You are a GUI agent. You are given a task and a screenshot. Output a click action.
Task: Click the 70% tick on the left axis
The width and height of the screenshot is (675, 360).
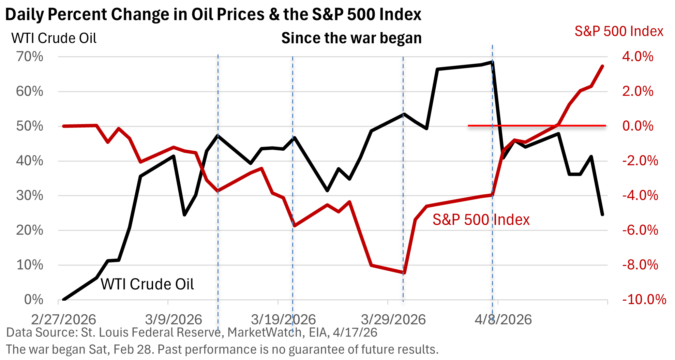[x=30, y=57]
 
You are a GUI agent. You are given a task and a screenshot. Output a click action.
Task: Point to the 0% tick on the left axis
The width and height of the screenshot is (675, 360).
[x=34, y=300]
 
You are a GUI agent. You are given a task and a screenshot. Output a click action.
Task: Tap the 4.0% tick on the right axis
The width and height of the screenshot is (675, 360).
[x=637, y=57]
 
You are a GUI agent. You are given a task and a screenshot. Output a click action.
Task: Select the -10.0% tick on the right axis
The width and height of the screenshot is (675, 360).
[x=644, y=300]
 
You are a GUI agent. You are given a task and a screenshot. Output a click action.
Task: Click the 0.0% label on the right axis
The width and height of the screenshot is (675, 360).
[x=637, y=126]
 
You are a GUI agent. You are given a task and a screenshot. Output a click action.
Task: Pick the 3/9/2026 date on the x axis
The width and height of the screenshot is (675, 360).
[x=174, y=320]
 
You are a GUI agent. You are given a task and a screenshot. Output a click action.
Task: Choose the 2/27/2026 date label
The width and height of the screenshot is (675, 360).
[x=63, y=320]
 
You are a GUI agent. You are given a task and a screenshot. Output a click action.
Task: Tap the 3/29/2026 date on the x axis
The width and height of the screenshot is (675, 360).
[x=393, y=320]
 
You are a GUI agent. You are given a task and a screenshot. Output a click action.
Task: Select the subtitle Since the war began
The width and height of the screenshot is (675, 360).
[x=351, y=38]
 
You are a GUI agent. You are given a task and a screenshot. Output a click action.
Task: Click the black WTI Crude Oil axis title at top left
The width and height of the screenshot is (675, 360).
[x=54, y=38]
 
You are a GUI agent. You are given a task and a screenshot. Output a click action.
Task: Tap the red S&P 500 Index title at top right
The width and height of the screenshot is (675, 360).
[x=619, y=31]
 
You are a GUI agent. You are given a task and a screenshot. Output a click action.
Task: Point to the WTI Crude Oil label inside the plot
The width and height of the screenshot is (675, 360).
[x=147, y=284]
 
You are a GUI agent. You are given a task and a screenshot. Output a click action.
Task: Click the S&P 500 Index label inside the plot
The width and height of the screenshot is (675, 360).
[x=481, y=220]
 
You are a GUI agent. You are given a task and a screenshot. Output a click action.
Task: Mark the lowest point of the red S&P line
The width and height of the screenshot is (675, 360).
[x=404, y=273]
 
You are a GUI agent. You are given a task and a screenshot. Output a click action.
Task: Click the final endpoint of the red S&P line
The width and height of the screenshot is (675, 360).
[x=602, y=66]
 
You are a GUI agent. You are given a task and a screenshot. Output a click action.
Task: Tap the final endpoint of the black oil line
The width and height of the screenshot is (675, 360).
[x=602, y=214]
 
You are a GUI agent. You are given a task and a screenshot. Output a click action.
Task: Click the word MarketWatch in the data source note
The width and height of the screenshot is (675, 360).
[x=265, y=332]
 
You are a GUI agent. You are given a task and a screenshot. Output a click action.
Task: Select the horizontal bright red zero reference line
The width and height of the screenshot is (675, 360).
[x=537, y=126]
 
